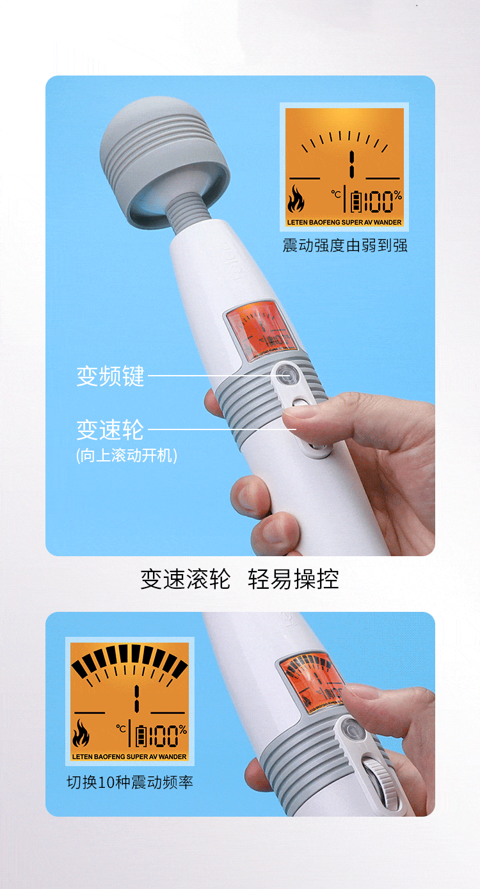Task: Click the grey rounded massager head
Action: [163, 157]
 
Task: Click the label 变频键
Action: [110, 376]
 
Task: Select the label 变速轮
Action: [110, 429]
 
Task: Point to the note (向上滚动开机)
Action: [126, 455]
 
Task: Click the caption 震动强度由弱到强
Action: [345, 245]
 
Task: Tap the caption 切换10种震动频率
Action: [130, 781]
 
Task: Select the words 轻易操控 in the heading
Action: [293, 579]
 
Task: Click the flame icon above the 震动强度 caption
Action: [296, 199]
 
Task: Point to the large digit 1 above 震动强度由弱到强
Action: [350, 165]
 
